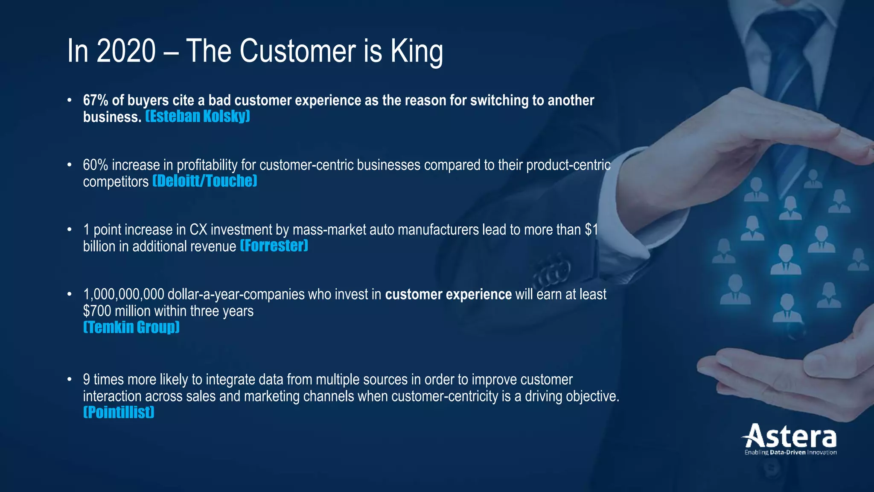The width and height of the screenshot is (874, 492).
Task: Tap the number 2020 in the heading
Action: tap(126, 51)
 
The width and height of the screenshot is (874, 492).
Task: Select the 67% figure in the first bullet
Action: tap(96, 100)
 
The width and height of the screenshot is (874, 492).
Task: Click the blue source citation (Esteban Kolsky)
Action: tap(198, 116)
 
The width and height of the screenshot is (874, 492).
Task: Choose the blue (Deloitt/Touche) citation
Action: tap(205, 181)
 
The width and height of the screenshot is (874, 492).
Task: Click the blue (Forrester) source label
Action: tap(274, 246)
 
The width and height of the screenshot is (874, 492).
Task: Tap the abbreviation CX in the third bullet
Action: tap(198, 230)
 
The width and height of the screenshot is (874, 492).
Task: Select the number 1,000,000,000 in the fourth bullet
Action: tap(124, 295)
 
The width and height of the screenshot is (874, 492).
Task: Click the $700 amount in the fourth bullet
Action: tap(97, 311)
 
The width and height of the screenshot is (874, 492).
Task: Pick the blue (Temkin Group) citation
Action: tap(131, 327)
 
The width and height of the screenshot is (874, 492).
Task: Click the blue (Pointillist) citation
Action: tap(119, 412)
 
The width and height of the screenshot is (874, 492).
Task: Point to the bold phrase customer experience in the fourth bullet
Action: tap(448, 295)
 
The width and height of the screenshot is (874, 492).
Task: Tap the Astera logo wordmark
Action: tap(790, 436)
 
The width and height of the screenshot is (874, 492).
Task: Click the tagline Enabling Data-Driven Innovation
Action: tap(790, 452)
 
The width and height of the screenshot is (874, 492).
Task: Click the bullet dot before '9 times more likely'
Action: tap(69, 379)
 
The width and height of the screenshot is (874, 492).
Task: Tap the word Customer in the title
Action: tap(298, 51)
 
